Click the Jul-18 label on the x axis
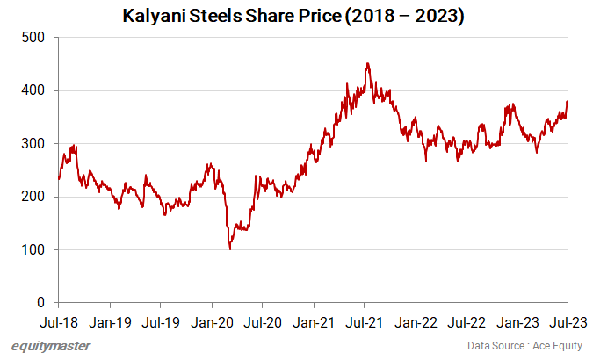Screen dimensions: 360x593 pyautogui.click(x=58, y=322)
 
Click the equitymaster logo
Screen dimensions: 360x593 pyautogui.click(x=51, y=346)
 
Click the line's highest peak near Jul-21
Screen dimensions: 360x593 pyautogui.click(x=367, y=63)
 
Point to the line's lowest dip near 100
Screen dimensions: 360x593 pyautogui.click(x=230, y=249)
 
